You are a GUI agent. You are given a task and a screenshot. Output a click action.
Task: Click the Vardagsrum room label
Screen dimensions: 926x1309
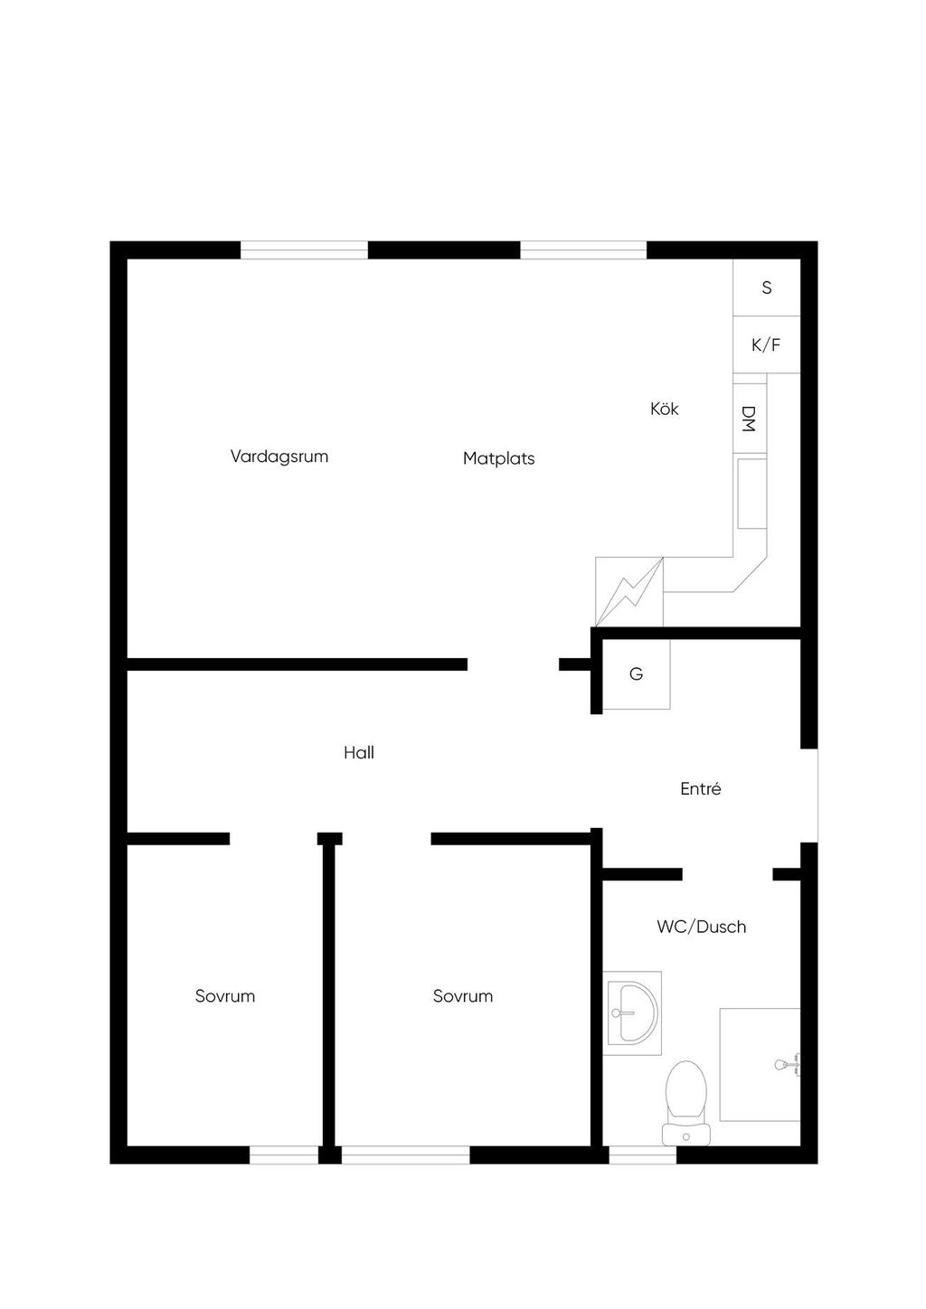click(279, 457)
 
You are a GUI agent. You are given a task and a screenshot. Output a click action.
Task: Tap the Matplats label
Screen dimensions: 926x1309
click(498, 458)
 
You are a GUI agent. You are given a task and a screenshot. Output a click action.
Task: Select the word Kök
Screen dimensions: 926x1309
click(664, 409)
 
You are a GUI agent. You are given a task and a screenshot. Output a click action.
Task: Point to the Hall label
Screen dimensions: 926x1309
click(358, 752)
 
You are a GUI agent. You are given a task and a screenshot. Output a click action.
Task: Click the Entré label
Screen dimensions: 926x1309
click(700, 788)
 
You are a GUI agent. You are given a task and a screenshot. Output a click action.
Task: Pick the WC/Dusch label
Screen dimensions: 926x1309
click(702, 927)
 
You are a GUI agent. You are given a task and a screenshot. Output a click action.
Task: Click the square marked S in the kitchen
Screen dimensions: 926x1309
click(767, 287)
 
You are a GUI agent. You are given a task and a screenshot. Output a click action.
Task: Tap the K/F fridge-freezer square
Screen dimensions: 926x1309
click(767, 344)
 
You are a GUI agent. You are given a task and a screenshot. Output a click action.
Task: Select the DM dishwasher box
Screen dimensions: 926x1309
click(750, 419)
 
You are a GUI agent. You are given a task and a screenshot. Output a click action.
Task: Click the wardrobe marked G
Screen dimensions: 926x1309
click(636, 673)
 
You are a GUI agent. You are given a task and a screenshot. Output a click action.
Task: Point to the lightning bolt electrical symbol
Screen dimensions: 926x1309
click(629, 591)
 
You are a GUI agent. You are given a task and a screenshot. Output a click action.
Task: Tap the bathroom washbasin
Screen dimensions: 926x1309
click(632, 1012)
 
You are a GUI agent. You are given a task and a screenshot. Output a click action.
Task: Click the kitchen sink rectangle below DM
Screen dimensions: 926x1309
click(751, 494)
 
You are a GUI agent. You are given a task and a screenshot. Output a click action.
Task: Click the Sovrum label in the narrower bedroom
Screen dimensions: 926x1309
click(225, 996)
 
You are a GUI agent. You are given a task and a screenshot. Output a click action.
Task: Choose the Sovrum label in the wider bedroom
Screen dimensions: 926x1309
click(463, 996)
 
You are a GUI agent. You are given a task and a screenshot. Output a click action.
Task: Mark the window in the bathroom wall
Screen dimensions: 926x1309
click(642, 1154)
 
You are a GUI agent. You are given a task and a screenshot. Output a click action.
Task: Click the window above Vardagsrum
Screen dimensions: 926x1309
click(304, 250)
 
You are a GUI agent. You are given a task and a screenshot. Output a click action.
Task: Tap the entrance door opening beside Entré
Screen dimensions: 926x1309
click(809, 796)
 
